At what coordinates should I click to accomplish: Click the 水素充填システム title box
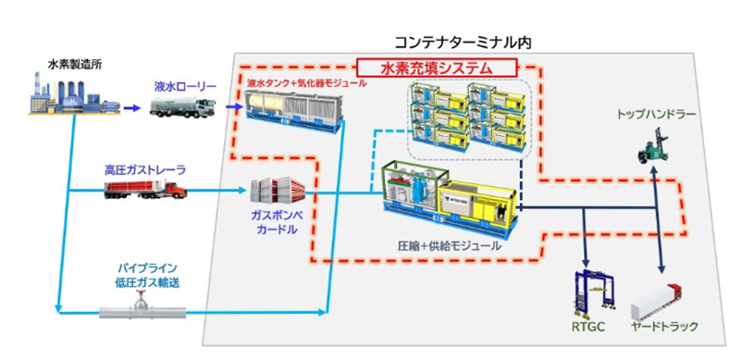(436, 68)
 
